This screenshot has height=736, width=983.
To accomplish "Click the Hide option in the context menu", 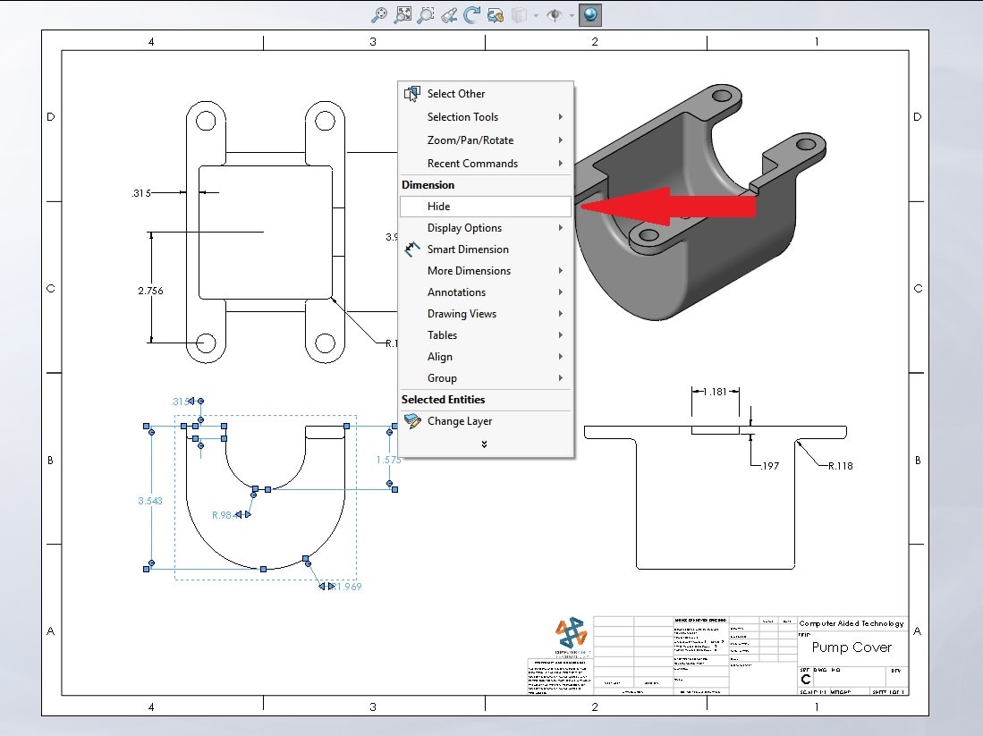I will (x=438, y=207).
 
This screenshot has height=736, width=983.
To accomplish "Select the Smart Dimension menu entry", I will (x=467, y=250).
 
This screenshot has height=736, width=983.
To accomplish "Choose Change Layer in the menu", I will (x=459, y=421).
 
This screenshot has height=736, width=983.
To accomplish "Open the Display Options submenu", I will (x=464, y=228).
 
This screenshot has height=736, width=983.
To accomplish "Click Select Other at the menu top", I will (x=455, y=94).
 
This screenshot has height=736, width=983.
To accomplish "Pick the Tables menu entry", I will (x=442, y=335).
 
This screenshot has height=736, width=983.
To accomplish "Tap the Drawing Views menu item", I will (x=462, y=314).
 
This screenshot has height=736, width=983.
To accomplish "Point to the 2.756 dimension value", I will (x=150, y=291).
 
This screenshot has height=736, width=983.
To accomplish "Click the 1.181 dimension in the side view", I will (x=715, y=392).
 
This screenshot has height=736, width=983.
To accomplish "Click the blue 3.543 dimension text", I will (x=150, y=502).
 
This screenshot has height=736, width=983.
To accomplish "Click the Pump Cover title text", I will (x=851, y=647).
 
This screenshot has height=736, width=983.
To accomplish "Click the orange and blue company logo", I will (x=570, y=633).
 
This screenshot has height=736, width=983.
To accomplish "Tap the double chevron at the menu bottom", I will (x=484, y=444).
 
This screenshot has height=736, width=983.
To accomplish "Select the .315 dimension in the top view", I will (x=140, y=192).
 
